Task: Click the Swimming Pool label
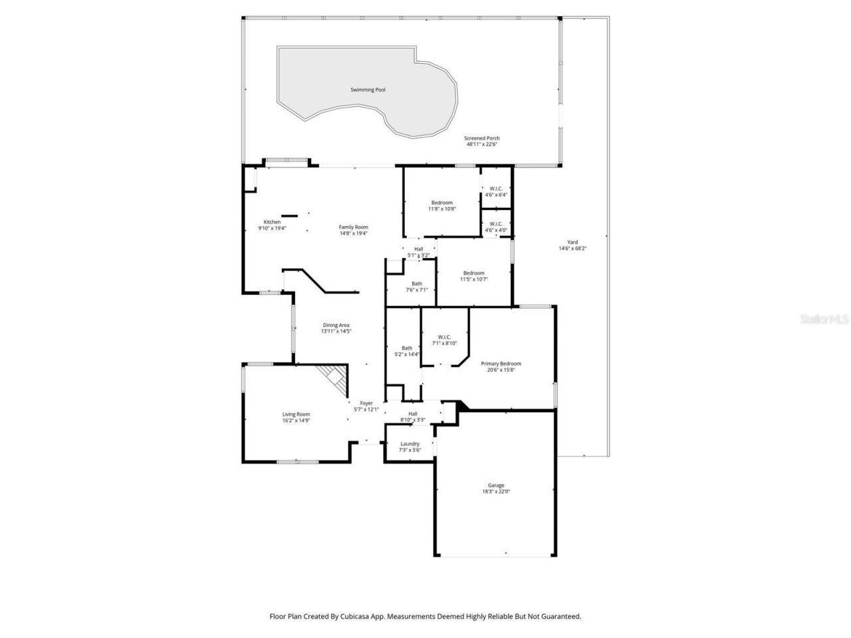[x=368, y=90]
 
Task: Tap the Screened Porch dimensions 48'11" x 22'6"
[x=482, y=144]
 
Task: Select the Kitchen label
[x=272, y=222]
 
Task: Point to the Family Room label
[x=353, y=227]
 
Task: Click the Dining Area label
[x=336, y=325]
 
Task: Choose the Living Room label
[x=297, y=414]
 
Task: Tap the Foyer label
[x=366, y=403]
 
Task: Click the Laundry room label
[x=410, y=444]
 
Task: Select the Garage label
[x=496, y=485]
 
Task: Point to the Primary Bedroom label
[x=501, y=364]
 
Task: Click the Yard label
[x=572, y=243]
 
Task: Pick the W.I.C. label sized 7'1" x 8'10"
[x=445, y=337]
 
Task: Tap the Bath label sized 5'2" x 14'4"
[x=407, y=348]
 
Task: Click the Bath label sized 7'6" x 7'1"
[x=416, y=284]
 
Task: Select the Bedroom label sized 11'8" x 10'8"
[x=442, y=203]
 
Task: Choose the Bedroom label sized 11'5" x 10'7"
[x=473, y=273]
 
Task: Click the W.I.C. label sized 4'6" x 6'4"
[x=496, y=189]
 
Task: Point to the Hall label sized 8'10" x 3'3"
[x=413, y=414]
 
